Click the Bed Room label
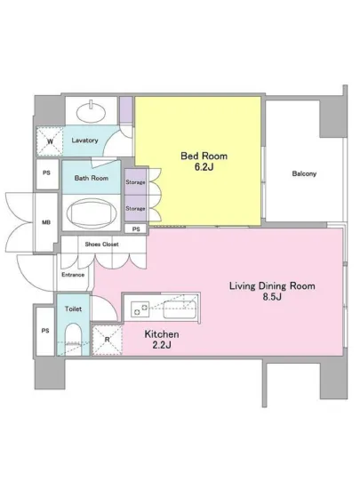[204, 156]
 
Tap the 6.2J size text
[204, 167]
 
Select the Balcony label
[304, 173]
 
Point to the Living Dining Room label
[272, 285]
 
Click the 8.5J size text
[272, 297]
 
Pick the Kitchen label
[162, 334]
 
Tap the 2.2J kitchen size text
[162, 345]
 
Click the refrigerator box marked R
[108, 340]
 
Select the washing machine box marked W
[50, 141]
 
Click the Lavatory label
[84, 140]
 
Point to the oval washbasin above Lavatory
[91, 111]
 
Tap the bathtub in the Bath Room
[92, 212]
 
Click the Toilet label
[73, 309]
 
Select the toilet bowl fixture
[73, 339]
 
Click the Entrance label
[73, 275]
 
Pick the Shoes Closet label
[101, 244]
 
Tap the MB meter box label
[46, 222]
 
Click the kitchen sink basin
[180, 309]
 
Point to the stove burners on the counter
[140, 309]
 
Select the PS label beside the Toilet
[45, 331]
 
